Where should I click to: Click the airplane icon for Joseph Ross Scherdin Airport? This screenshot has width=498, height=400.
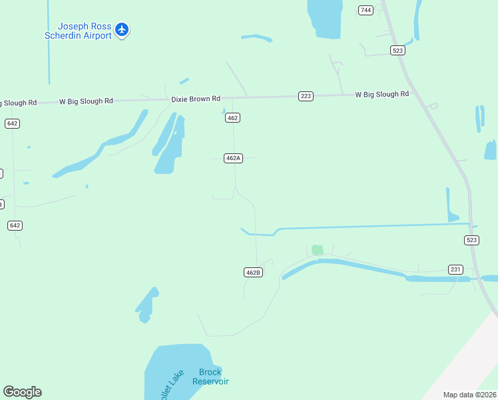point(121,29)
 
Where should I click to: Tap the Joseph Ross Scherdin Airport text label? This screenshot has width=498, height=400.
point(78,31)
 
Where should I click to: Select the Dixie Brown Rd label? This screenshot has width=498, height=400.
point(196,99)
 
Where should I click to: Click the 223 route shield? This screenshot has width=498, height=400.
point(306,96)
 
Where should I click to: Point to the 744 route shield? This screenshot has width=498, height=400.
point(366,10)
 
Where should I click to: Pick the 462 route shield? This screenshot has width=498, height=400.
point(232,118)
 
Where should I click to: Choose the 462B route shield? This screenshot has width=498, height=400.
point(252,272)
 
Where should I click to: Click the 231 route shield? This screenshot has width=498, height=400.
point(455,269)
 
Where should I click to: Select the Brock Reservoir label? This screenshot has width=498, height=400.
point(210,377)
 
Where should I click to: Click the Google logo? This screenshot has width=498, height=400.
point(22,392)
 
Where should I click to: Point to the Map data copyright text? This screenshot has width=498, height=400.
point(470,395)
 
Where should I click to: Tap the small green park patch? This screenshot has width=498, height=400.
point(318,250)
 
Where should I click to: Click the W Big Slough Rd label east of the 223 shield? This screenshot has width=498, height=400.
point(381,95)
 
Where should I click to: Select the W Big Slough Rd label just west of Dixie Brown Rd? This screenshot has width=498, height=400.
point(86,101)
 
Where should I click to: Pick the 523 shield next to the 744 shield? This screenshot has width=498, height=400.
point(398,51)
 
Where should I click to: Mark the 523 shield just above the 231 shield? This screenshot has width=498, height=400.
point(471,240)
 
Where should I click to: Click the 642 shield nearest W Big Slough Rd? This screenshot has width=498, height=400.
point(12,123)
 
